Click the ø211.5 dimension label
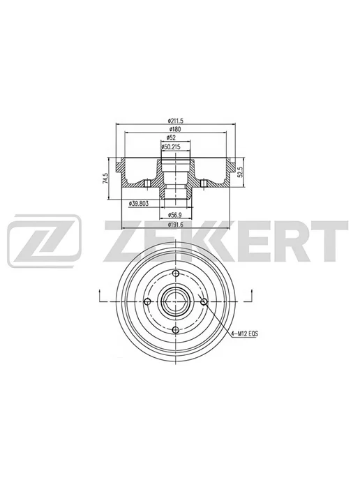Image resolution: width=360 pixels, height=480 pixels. (175, 121)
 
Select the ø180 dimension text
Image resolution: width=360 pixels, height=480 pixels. (175, 129)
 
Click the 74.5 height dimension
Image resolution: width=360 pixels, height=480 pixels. (105, 178)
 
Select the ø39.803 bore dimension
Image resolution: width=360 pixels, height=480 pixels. (139, 203)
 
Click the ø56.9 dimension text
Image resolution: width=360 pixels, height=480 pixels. (175, 214)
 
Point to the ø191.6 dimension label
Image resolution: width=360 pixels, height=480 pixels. (175, 225)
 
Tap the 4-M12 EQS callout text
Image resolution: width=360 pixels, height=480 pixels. (245, 334)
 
